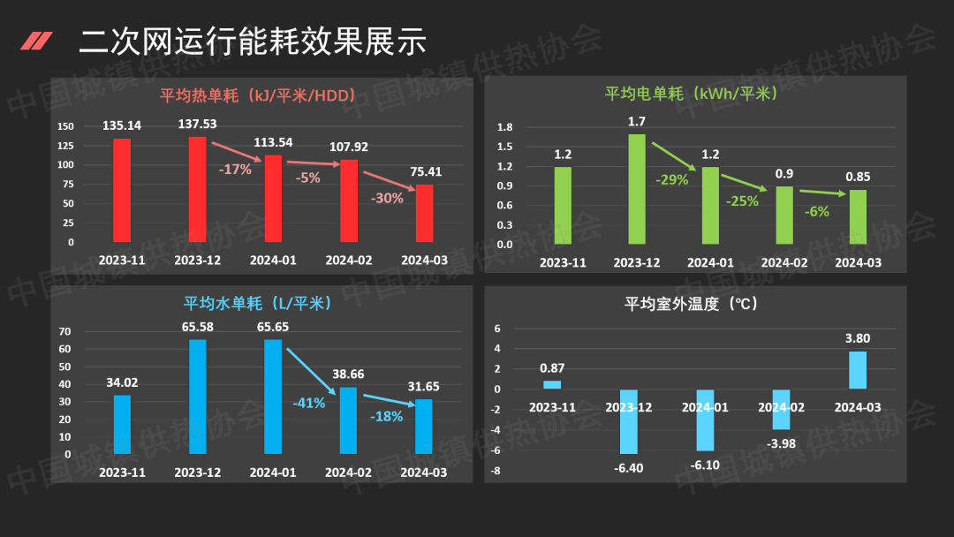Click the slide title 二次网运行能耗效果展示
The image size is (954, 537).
point(252,41)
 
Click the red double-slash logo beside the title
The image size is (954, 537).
point(36,41)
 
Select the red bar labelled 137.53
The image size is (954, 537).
point(197,189)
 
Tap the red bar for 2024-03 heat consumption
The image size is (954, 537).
point(425,213)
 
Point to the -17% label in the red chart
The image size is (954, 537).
point(235,169)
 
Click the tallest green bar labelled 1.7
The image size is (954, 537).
point(637,189)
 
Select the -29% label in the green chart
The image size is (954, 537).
point(671,179)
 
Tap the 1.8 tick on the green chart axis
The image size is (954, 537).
point(505,127)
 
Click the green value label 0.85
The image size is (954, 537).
point(858,177)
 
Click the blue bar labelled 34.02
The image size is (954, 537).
point(122,424)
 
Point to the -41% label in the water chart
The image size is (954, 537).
point(309,403)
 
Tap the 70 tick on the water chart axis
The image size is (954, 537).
point(65,331)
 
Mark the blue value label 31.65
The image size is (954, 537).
point(424,386)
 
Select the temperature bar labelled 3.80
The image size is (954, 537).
point(858,370)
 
